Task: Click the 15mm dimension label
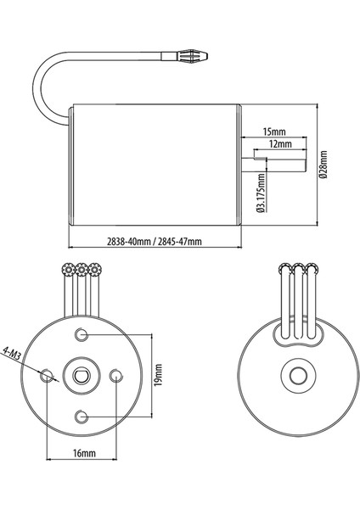[x=273, y=131]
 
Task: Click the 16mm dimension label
[x=83, y=454]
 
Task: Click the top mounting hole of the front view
[x=82, y=332]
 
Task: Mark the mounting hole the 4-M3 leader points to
[x=47, y=373]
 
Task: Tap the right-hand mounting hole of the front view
[x=117, y=373]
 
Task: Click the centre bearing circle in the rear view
[x=297, y=374]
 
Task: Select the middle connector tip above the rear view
[x=297, y=270]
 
